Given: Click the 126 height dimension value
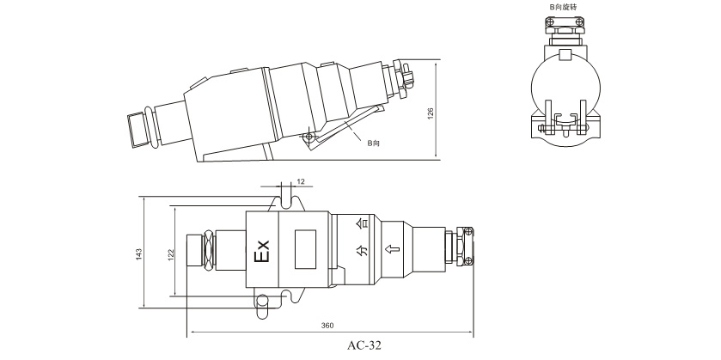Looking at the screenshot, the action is pos(431,113).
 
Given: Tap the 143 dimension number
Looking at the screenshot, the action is pos(139,254).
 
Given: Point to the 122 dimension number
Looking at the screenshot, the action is pos(171,254).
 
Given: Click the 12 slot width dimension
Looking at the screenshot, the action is pos(301,181).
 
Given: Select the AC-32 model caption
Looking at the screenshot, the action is pos(364,345).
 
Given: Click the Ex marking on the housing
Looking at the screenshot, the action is pos(262,251).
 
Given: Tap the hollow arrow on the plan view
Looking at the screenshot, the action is pos(392,250).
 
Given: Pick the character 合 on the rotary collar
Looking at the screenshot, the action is pos(363,224).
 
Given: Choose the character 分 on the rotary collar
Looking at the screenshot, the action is pos(363,251).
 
